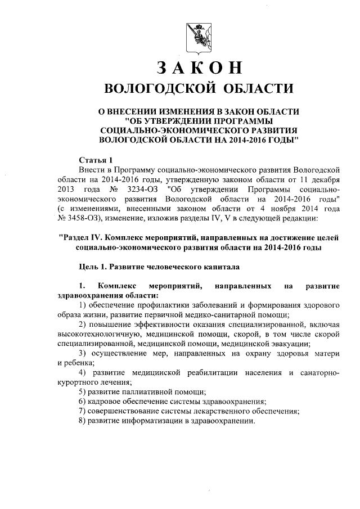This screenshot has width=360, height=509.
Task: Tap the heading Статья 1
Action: point(96,159)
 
